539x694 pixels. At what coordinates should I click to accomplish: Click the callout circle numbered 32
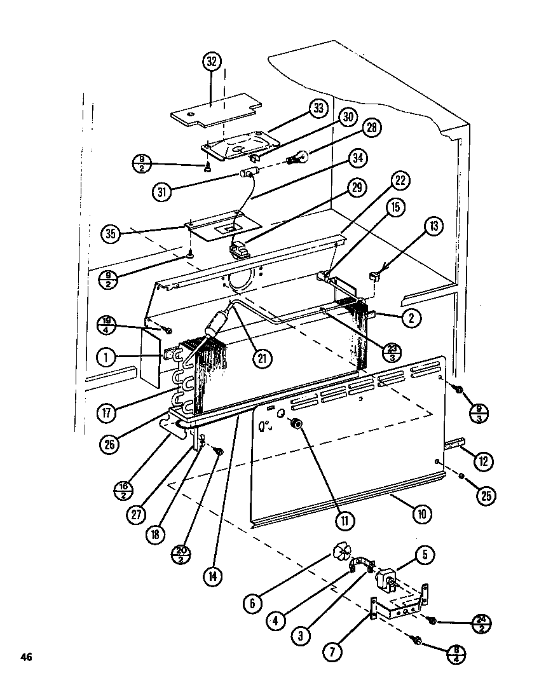coord(212,62)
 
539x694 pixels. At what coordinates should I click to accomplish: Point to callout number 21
coord(261,357)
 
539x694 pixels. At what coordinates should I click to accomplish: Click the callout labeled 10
coord(420,514)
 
